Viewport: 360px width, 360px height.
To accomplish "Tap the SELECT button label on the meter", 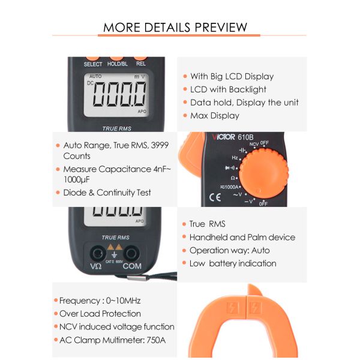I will tap(93, 64).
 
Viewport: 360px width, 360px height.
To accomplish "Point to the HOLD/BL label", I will tap(118, 64).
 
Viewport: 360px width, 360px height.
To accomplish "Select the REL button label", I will tap(141, 64).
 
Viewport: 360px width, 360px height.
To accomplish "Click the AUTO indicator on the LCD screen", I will tap(95, 76).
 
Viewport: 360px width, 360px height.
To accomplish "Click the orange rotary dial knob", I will tap(262, 175).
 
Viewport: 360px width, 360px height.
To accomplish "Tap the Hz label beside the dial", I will tap(235, 157).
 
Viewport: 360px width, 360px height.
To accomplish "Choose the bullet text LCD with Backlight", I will tap(228, 89).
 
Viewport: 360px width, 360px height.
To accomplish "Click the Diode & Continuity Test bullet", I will tap(107, 193).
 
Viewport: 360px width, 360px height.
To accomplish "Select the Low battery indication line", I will tap(233, 263).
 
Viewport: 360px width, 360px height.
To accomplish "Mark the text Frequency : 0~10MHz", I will tap(100, 301).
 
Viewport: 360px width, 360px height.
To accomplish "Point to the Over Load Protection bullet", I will tap(100, 314).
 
